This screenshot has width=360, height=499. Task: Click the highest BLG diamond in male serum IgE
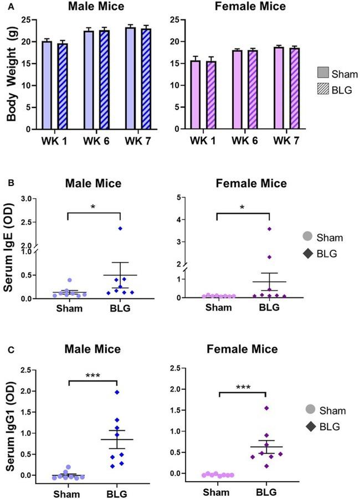[120, 228]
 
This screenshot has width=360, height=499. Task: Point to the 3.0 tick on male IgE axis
[25, 198]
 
